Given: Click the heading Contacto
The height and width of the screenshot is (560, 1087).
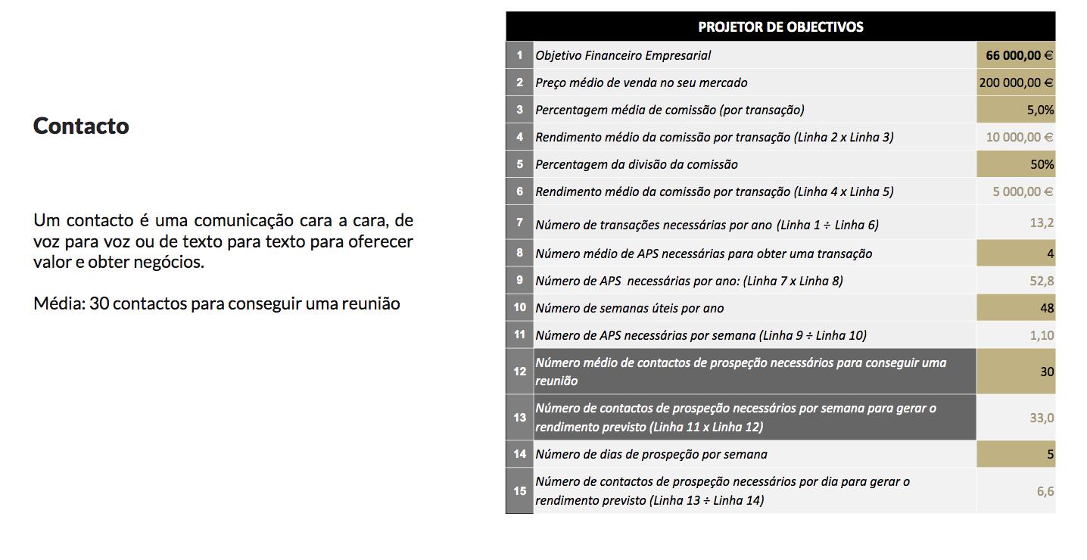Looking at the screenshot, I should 81,126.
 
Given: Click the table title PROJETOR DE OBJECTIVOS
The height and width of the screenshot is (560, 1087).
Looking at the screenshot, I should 780,27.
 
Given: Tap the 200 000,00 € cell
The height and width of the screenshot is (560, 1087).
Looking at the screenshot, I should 1016,82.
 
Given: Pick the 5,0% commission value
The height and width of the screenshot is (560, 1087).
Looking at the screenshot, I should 1040,110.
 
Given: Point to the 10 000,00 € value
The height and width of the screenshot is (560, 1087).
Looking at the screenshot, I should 1019,137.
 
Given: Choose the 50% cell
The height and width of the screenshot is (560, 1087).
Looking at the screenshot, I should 1042,164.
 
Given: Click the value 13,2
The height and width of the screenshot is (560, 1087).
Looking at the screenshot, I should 1042,222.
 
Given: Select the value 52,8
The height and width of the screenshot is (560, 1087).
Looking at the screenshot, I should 1042,281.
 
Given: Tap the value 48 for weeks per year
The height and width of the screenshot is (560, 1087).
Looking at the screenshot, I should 1046,308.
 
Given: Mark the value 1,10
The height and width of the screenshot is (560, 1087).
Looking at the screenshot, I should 1042,335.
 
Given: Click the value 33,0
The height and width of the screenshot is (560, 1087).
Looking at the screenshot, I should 1042,418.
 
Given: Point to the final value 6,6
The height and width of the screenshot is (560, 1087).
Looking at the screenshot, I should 1045,491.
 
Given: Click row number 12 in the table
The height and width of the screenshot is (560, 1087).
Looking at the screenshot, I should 519,372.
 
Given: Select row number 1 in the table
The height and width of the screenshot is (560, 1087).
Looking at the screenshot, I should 519,55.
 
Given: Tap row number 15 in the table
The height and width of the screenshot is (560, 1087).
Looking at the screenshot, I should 519,491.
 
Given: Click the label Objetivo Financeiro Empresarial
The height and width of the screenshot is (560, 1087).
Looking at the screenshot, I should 623,55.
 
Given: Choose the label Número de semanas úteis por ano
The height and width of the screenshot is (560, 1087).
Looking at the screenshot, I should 629,308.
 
